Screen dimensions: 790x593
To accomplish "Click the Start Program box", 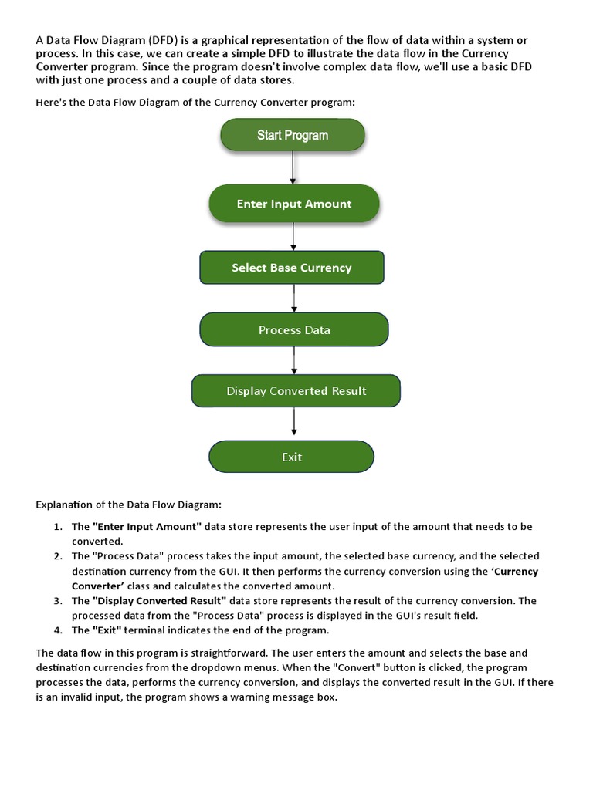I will click(x=292, y=135).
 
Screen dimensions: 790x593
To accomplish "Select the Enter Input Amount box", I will click(x=293, y=204).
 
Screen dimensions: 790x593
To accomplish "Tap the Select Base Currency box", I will click(x=291, y=268).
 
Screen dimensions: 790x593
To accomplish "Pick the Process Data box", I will click(x=293, y=329).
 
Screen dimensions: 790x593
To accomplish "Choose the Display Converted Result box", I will click(x=296, y=390).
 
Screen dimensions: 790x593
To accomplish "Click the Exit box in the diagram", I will click(x=291, y=457).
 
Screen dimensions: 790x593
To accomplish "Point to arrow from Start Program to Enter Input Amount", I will click(x=293, y=167).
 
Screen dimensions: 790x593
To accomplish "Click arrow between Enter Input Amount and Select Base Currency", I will click(x=293, y=236).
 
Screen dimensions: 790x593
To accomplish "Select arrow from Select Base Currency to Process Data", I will click(x=293, y=298).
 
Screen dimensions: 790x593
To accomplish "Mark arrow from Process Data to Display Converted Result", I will click(x=294, y=360).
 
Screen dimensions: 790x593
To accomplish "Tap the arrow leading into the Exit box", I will click(x=294, y=422).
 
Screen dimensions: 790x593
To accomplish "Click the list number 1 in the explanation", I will click(x=58, y=527).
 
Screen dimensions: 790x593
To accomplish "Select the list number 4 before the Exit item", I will click(x=58, y=630).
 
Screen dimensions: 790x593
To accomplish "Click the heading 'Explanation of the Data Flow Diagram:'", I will click(x=128, y=505).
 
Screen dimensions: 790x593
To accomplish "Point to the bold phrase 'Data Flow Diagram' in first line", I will click(x=96, y=40).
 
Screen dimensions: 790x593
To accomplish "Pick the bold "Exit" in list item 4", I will click(x=109, y=630).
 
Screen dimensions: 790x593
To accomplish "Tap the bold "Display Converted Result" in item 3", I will click(x=159, y=601).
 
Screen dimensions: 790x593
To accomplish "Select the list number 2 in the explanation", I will click(x=58, y=556).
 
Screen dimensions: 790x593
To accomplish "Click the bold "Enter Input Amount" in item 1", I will click(x=147, y=527).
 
